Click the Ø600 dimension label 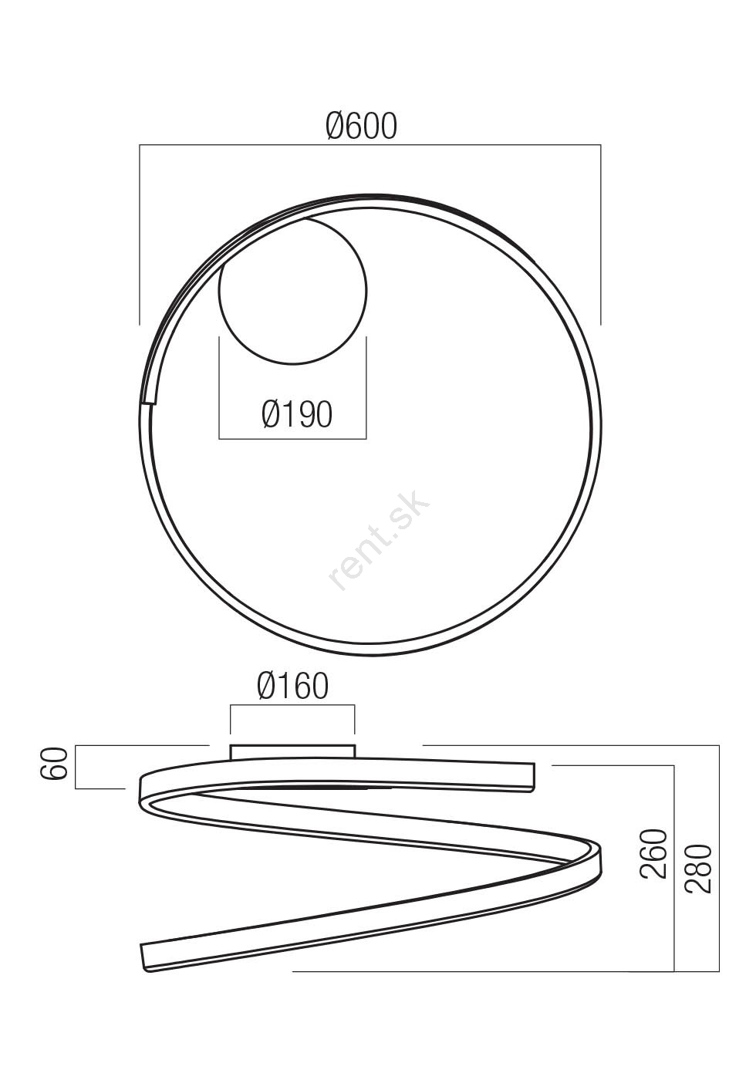[x=361, y=126]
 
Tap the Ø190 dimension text [x=297, y=414]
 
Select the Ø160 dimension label [x=292, y=687]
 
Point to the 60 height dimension [x=58, y=764]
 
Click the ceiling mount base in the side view [x=292, y=751]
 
